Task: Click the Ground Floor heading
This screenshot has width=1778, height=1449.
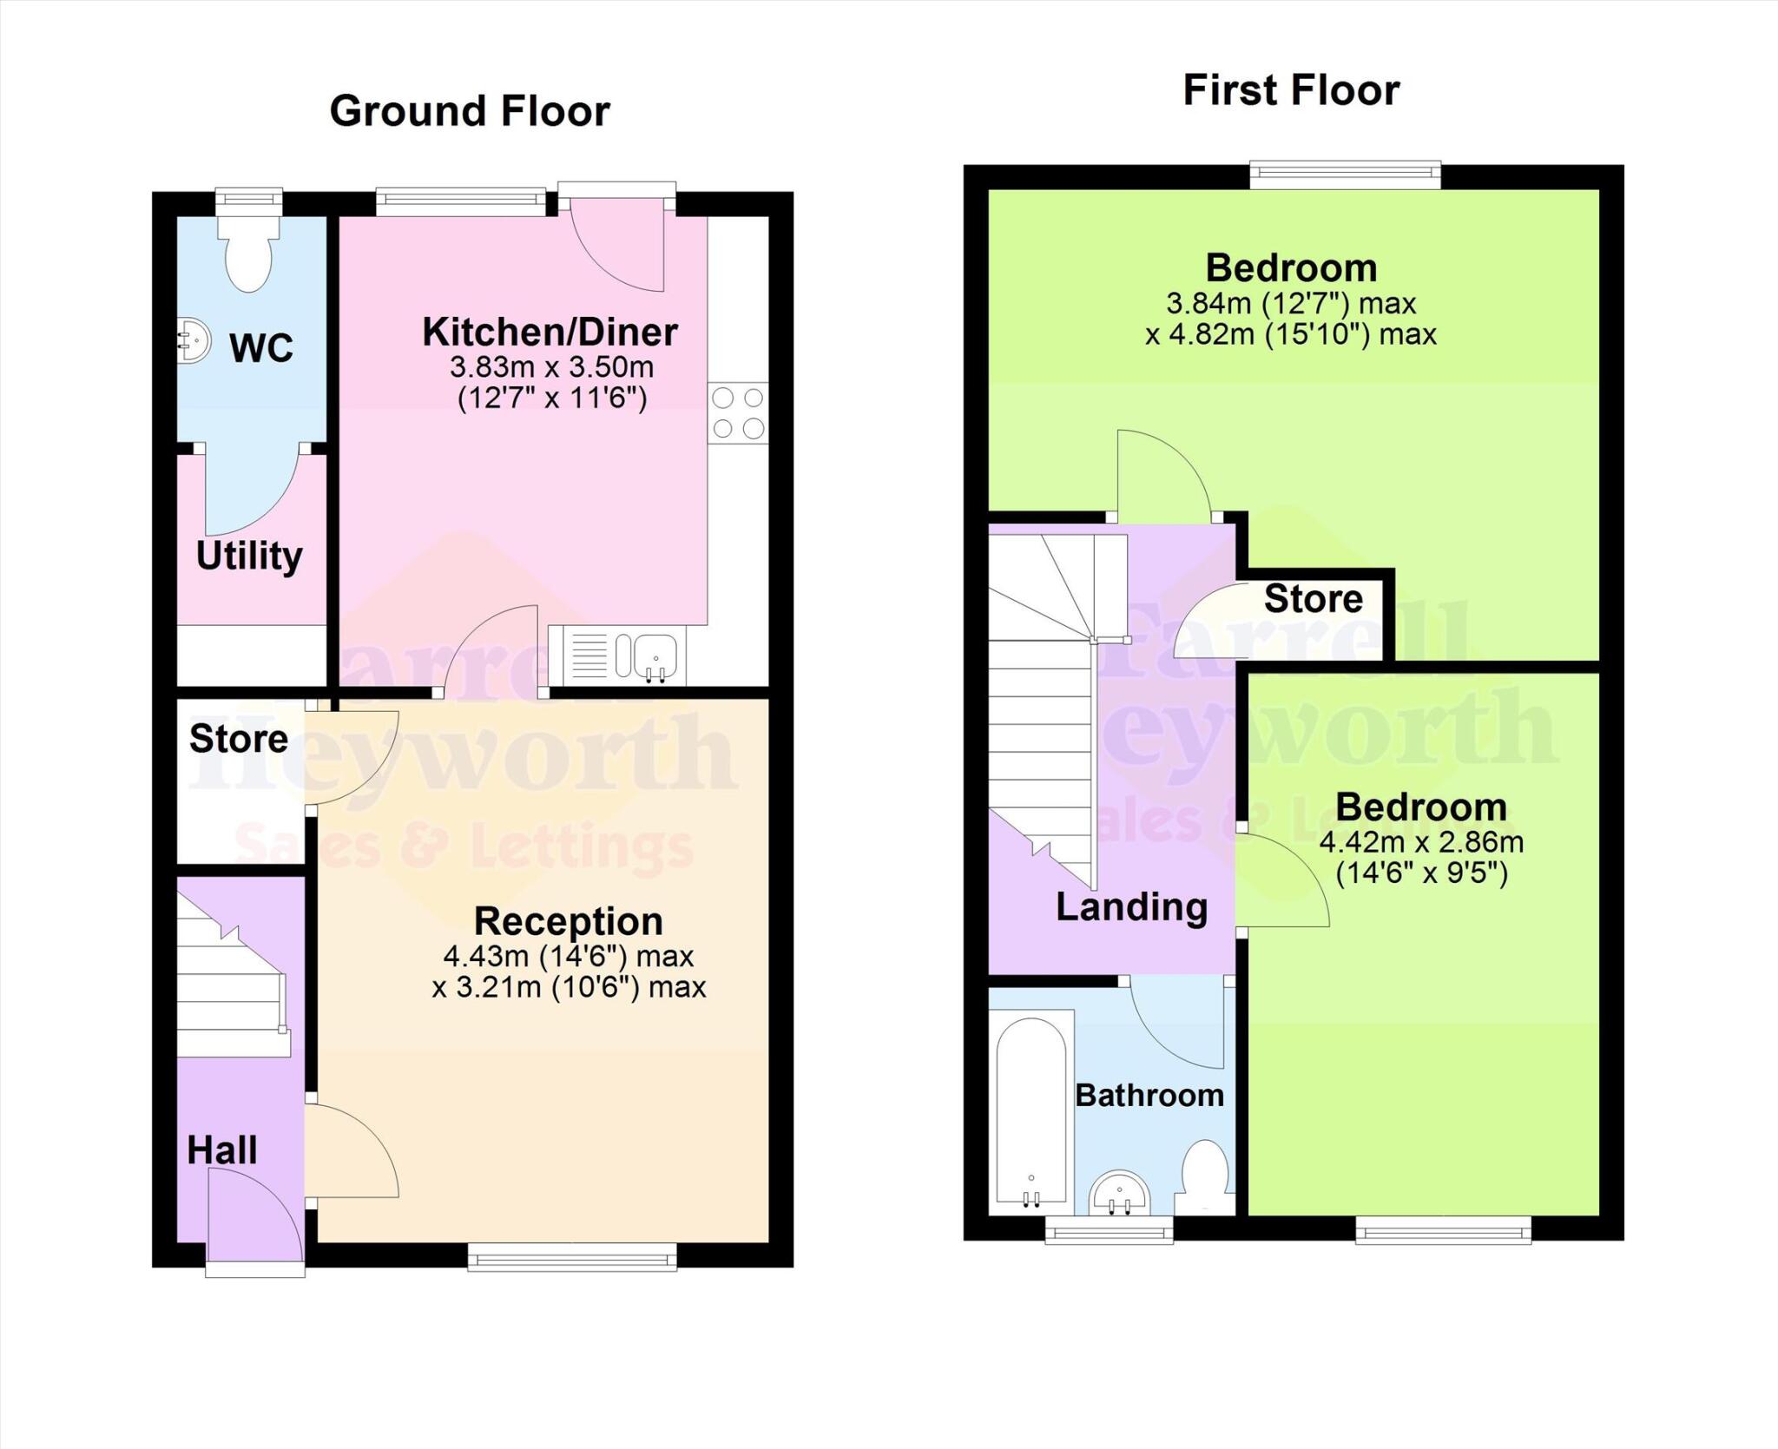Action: pos(470,112)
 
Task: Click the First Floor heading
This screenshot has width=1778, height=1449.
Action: pos(1291,91)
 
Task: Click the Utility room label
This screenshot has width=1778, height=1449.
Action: pos(249,556)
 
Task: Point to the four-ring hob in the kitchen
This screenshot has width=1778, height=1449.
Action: pos(738,413)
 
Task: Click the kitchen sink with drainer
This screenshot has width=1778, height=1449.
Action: pos(620,655)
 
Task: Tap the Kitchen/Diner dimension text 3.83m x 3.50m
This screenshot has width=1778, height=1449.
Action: pos(551,367)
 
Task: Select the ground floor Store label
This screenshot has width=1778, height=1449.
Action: pos(239,739)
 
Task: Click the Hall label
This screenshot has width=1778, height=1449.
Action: pos(222,1150)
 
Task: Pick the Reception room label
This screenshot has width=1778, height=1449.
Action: pos(569,920)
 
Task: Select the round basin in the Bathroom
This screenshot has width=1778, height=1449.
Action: pos(1121,1194)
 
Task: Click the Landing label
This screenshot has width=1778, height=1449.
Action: pos(1131,907)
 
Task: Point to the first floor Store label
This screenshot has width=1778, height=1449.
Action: pos(1313,599)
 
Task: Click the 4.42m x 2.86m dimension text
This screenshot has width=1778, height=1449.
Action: pos(1421,842)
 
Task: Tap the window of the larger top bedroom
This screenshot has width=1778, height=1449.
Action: pos(1345,176)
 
